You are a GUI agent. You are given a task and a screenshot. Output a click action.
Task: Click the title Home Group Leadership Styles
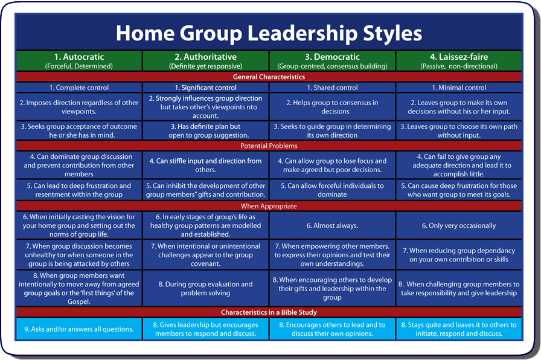(x=269, y=33)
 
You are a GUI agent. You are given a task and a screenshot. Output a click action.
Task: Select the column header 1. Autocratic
(x=78, y=57)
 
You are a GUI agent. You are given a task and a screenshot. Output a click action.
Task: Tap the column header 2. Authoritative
(x=206, y=57)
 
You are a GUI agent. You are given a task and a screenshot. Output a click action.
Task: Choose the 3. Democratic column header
(x=332, y=57)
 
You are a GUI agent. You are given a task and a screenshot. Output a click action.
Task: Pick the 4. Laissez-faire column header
(x=459, y=57)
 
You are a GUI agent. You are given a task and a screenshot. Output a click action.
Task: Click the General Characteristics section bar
(x=269, y=77)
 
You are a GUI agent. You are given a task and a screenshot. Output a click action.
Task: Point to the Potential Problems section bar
(x=269, y=146)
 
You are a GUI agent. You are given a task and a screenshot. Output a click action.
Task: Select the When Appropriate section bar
(x=269, y=206)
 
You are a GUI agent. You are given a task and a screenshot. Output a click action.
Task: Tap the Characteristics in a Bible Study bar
(x=269, y=312)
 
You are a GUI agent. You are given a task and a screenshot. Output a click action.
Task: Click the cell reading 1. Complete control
(x=78, y=88)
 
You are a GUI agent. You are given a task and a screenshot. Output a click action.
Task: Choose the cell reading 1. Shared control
(x=332, y=88)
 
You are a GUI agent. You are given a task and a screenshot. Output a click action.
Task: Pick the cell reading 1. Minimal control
(x=459, y=88)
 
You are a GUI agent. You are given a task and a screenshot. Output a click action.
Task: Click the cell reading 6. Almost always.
(x=332, y=225)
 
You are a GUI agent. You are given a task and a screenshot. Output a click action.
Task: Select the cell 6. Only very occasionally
(x=459, y=225)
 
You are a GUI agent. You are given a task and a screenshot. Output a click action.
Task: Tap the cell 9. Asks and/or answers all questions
(x=78, y=329)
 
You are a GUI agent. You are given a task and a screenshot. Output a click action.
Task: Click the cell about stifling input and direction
(x=206, y=166)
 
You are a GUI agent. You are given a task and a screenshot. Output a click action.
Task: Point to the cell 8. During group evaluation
(x=206, y=289)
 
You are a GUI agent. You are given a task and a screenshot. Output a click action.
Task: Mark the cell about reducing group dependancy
(x=459, y=255)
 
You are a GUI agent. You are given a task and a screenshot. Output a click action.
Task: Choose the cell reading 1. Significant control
(x=206, y=88)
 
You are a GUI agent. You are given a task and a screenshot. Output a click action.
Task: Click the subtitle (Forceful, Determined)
(x=78, y=65)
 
